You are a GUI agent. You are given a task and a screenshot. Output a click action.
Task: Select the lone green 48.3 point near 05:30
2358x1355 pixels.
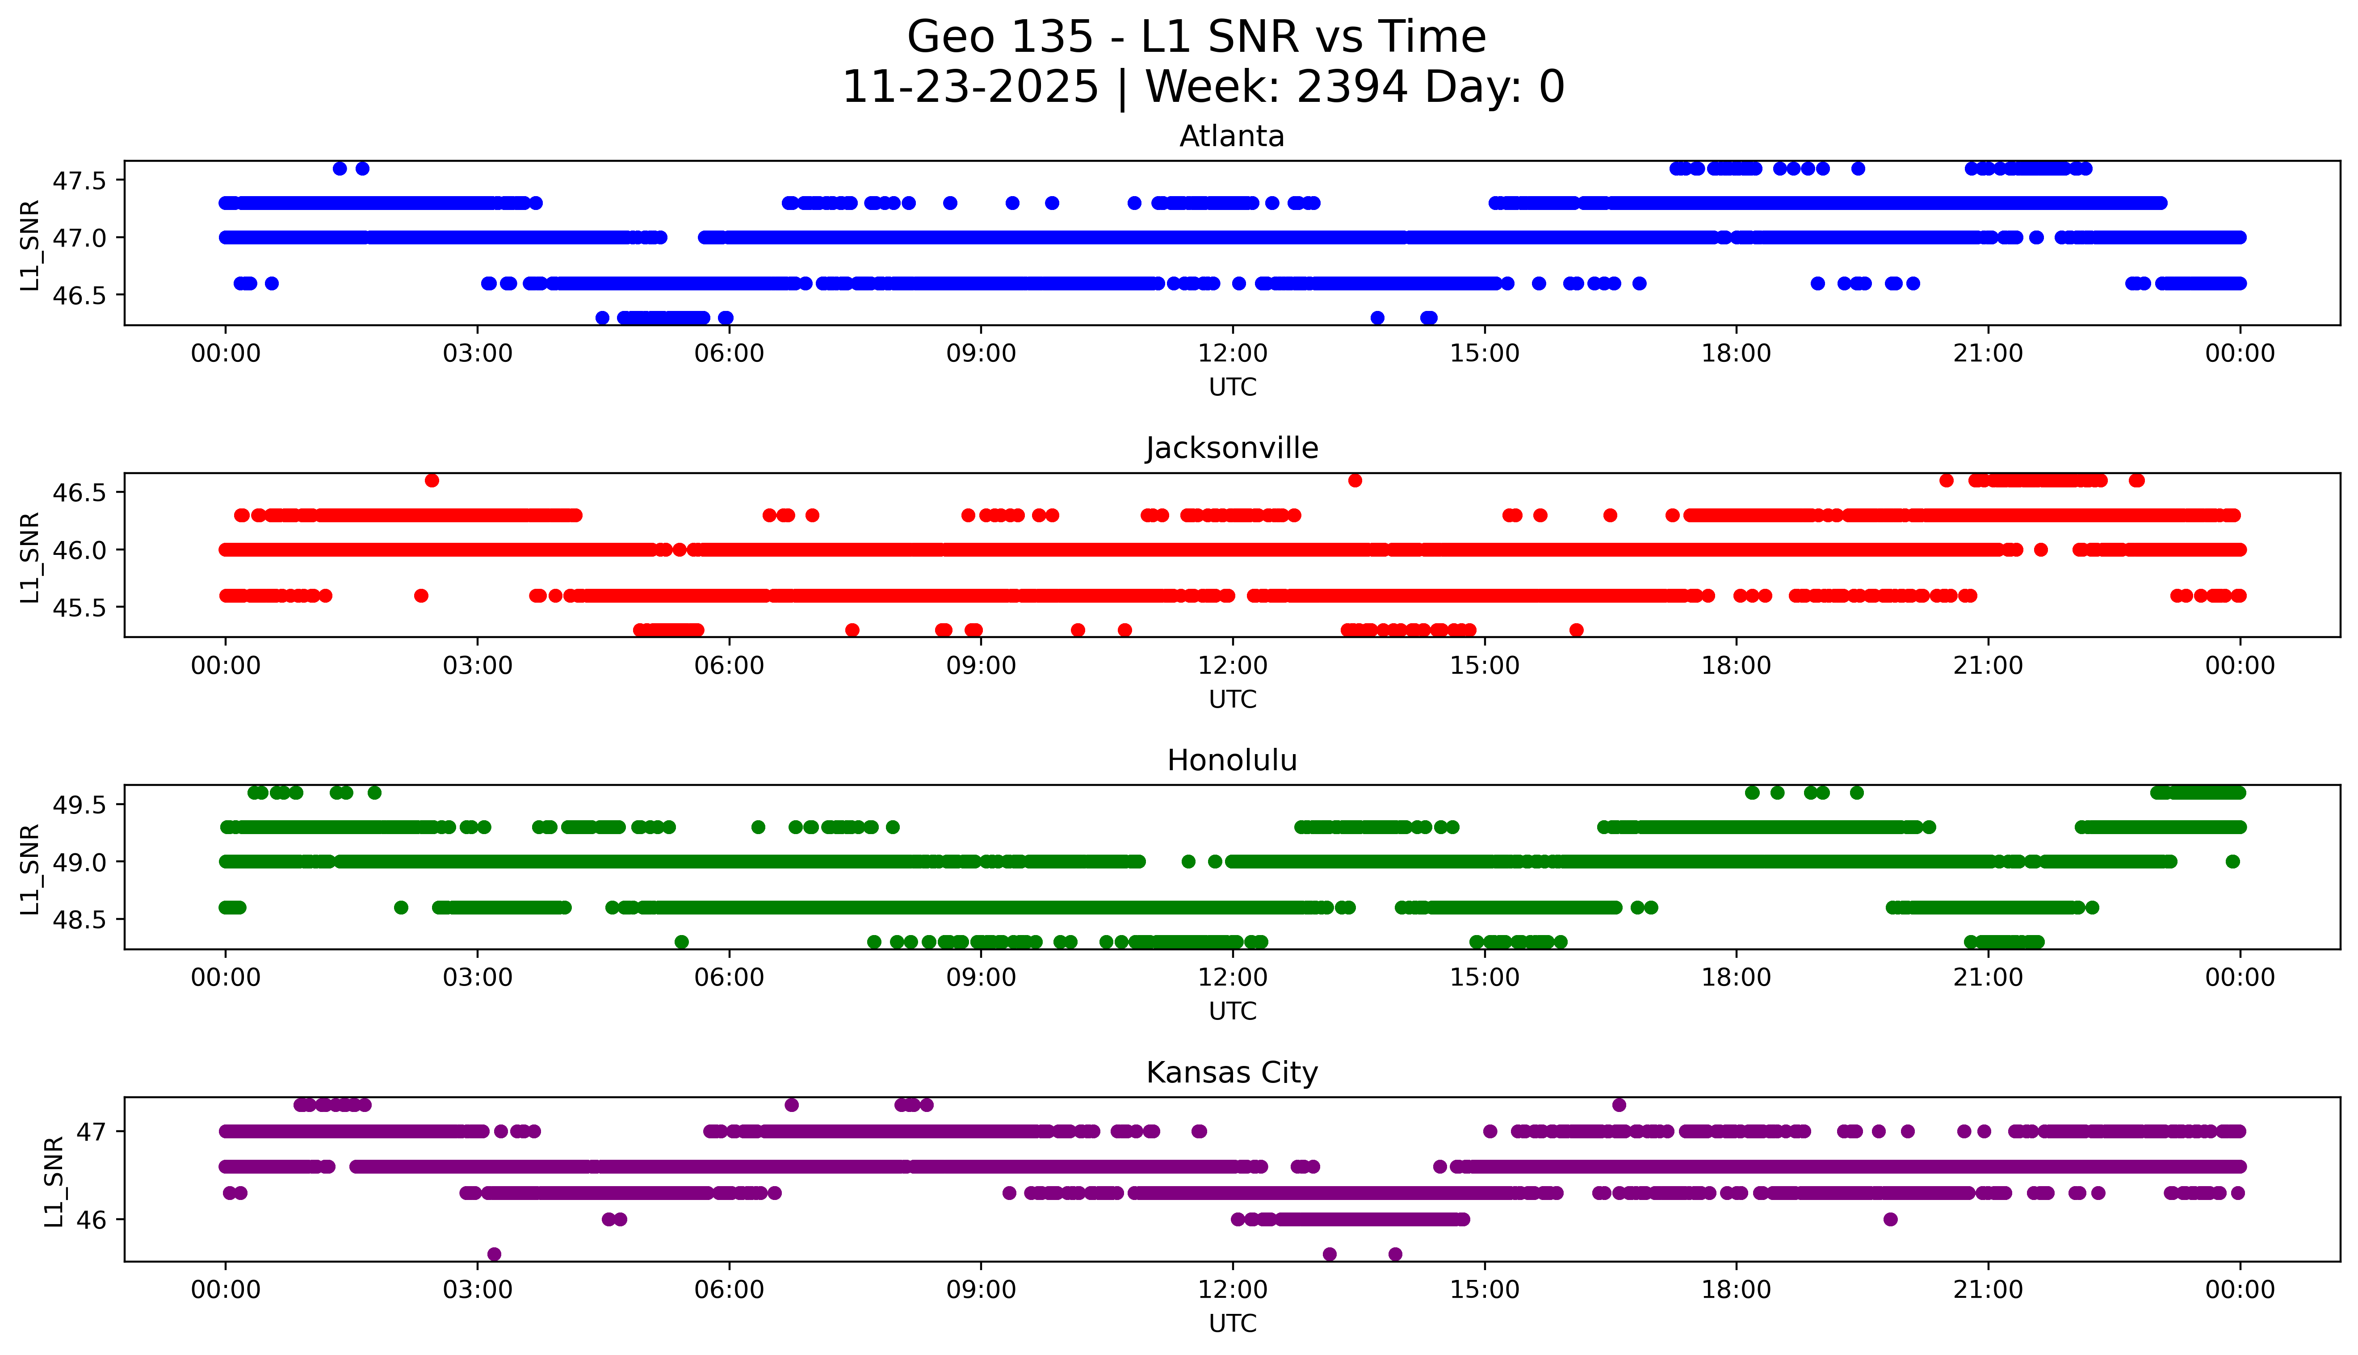click(x=681, y=942)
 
